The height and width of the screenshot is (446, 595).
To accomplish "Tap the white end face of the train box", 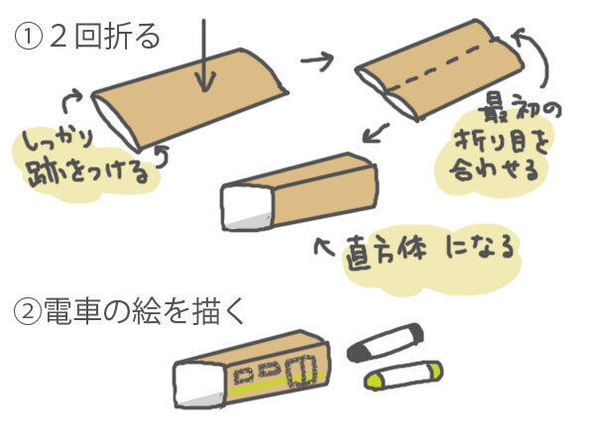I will pyautogui.click(x=194, y=386).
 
